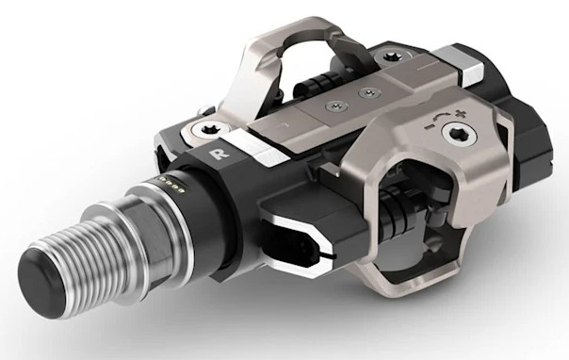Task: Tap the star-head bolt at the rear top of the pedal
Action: tap(386, 58)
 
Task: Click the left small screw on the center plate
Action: tap(329, 110)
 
